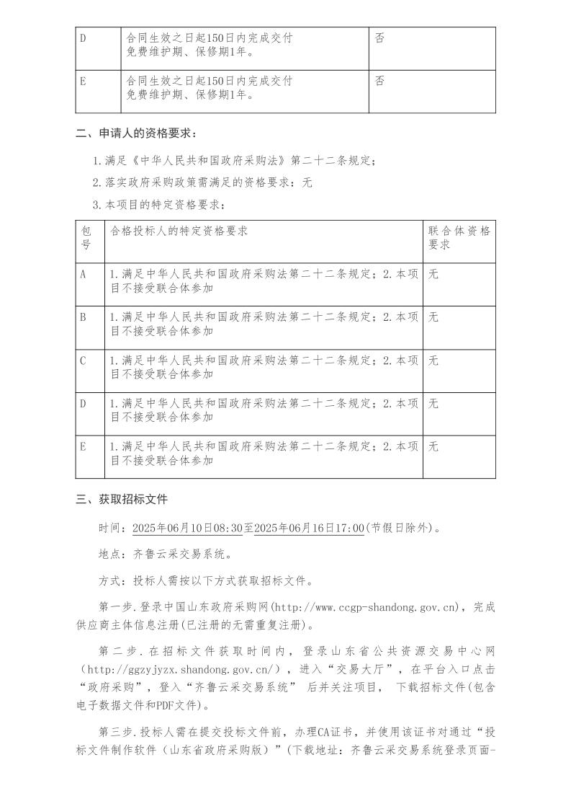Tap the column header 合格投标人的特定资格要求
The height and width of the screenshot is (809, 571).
(179, 231)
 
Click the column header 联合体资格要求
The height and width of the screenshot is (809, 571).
(459, 237)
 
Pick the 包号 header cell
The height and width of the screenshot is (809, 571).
(86, 237)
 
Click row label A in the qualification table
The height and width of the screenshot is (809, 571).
(83, 274)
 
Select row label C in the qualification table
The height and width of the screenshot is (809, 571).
(83, 361)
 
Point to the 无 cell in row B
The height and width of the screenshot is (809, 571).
(433, 317)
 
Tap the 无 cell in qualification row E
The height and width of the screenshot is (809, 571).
(433, 447)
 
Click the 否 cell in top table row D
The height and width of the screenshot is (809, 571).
(379, 37)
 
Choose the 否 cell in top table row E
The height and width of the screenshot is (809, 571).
(379, 81)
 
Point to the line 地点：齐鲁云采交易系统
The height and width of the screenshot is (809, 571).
(165, 554)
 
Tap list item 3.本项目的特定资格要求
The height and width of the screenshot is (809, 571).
(158, 205)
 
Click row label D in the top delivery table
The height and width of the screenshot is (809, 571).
(83, 37)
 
